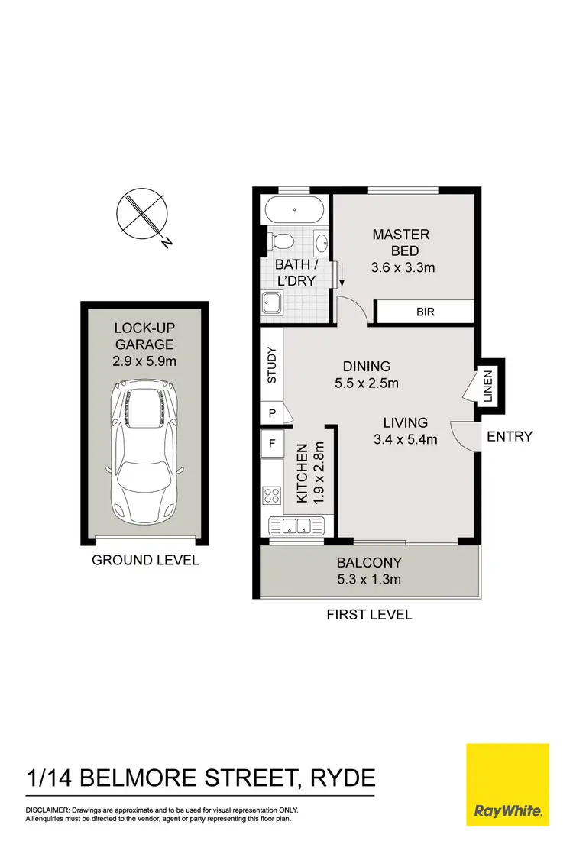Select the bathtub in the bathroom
pyautogui.click(x=294, y=209)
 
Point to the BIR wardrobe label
pyautogui.click(x=425, y=312)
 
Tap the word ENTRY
pyautogui.click(x=509, y=437)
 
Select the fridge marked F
pyautogui.click(x=270, y=442)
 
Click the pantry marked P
pyautogui.click(x=270, y=412)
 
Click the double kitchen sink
pyautogui.click(x=297, y=526)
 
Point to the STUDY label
pyautogui.click(x=270, y=365)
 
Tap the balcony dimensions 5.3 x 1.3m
pyautogui.click(x=369, y=580)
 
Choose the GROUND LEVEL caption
pyautogui.click(x=145, y=561)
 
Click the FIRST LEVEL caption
pyautogui.click(x=369, y=614)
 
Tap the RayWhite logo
pyautogui.click(x=507, y=784)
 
